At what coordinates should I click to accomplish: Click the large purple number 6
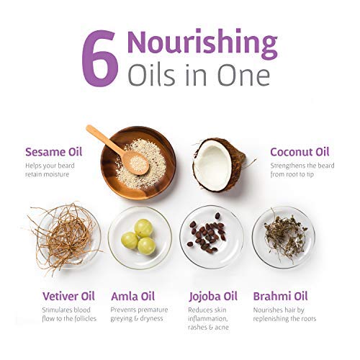[100, 58]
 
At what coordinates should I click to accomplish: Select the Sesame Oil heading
[54, 152]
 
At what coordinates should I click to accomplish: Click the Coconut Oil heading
[300, 152]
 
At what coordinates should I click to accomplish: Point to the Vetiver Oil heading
[68, 296]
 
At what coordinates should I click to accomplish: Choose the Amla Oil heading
[132, 296]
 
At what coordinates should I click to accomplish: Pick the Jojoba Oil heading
[213, 297]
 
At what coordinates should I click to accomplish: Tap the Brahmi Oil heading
[280, 296]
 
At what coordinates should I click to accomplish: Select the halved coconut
[219, 165]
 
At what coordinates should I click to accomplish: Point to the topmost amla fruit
[143, 228]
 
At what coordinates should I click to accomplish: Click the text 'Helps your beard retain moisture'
[50, 170]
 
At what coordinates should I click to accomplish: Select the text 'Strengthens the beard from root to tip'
[302, 170]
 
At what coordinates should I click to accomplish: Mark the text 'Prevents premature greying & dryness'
[139, 314]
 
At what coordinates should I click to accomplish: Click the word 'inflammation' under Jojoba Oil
[207, 319]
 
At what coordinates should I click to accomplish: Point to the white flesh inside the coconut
[212, 165]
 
